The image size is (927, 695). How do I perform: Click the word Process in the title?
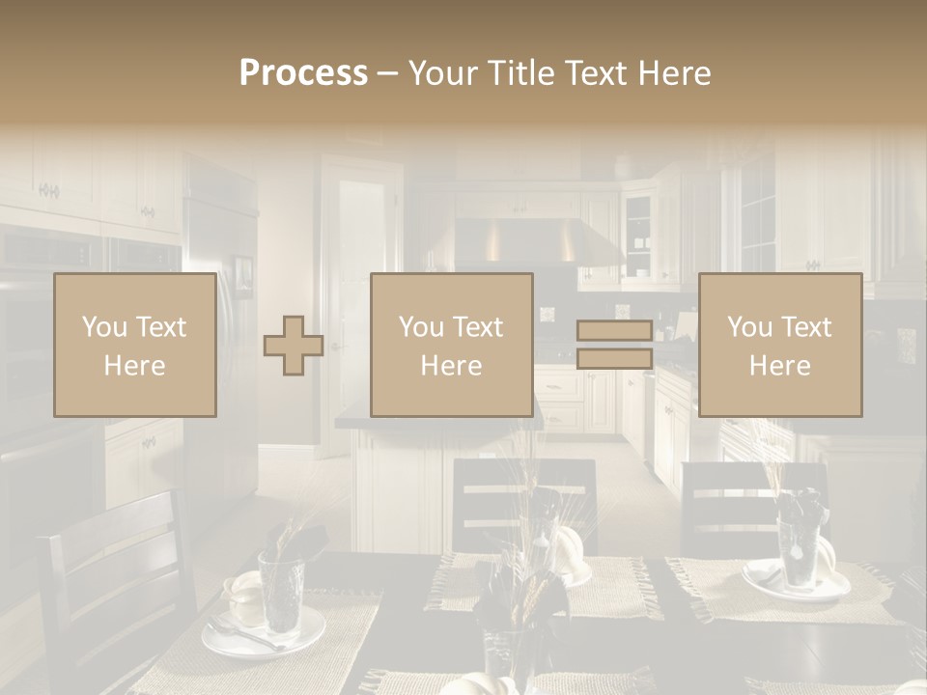303,72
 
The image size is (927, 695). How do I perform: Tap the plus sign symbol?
294,346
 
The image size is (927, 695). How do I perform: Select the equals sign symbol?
614,345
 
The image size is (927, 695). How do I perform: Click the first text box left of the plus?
135,346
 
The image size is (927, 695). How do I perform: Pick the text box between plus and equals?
452,346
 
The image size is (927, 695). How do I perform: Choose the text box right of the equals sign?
780,346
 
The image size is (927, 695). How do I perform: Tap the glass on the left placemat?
281,591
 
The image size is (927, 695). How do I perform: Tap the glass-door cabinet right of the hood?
638,236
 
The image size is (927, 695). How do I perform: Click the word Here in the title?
671,72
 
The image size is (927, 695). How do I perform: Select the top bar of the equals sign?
614,330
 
